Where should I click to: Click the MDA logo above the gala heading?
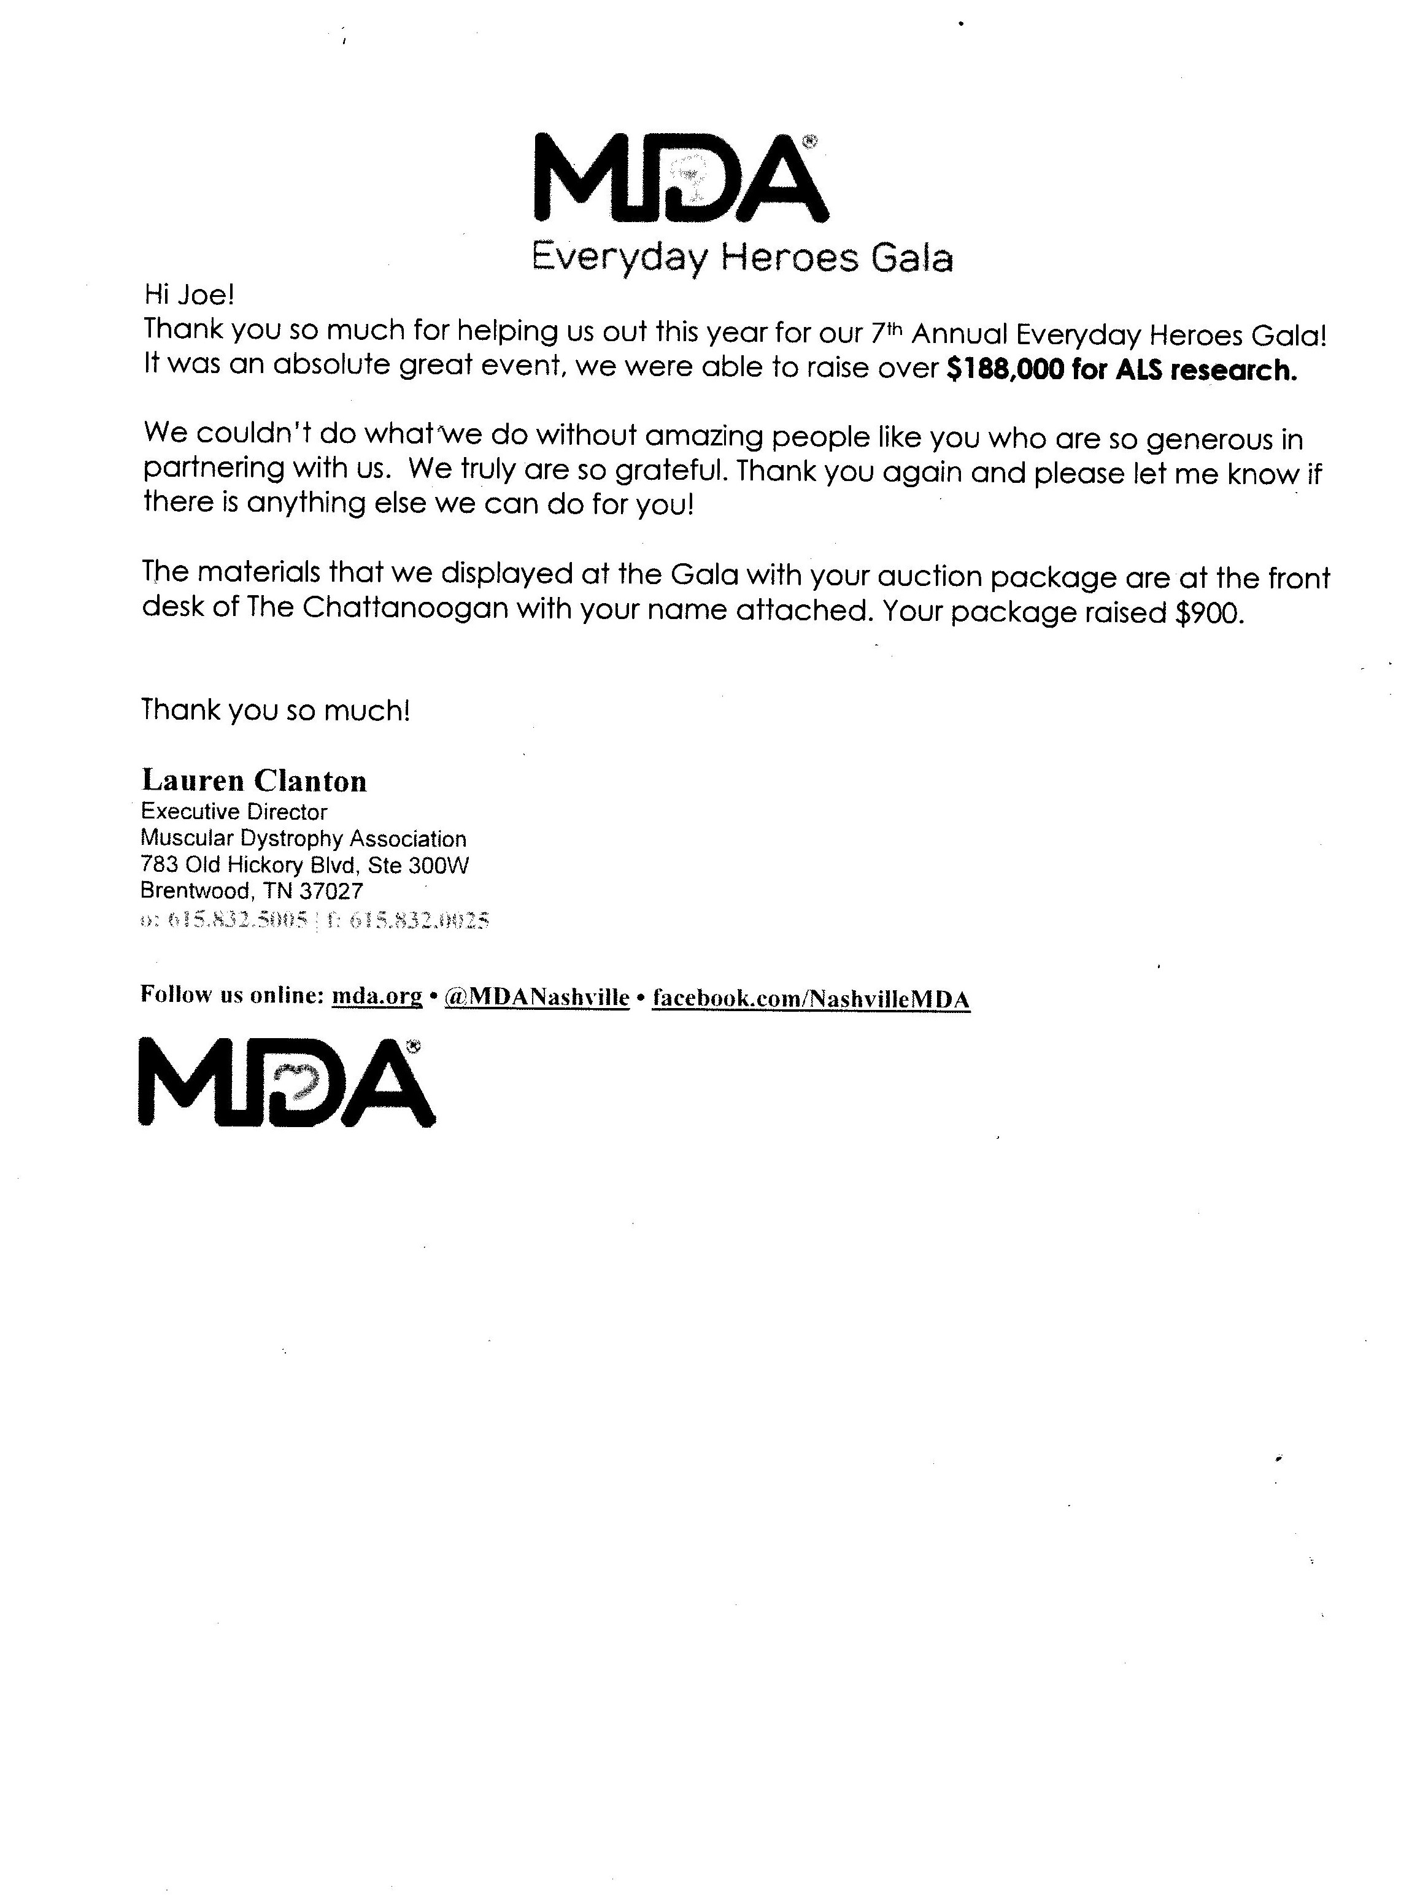(681, 178)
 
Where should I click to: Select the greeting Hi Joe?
(189, 296)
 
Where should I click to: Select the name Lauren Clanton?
(255, 780)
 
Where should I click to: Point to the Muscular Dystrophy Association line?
(303, 838)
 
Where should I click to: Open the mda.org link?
(377, 996)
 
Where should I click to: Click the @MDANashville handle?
(537, 997)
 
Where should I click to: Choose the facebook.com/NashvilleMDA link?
(811, 999)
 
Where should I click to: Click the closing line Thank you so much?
(275, 710)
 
